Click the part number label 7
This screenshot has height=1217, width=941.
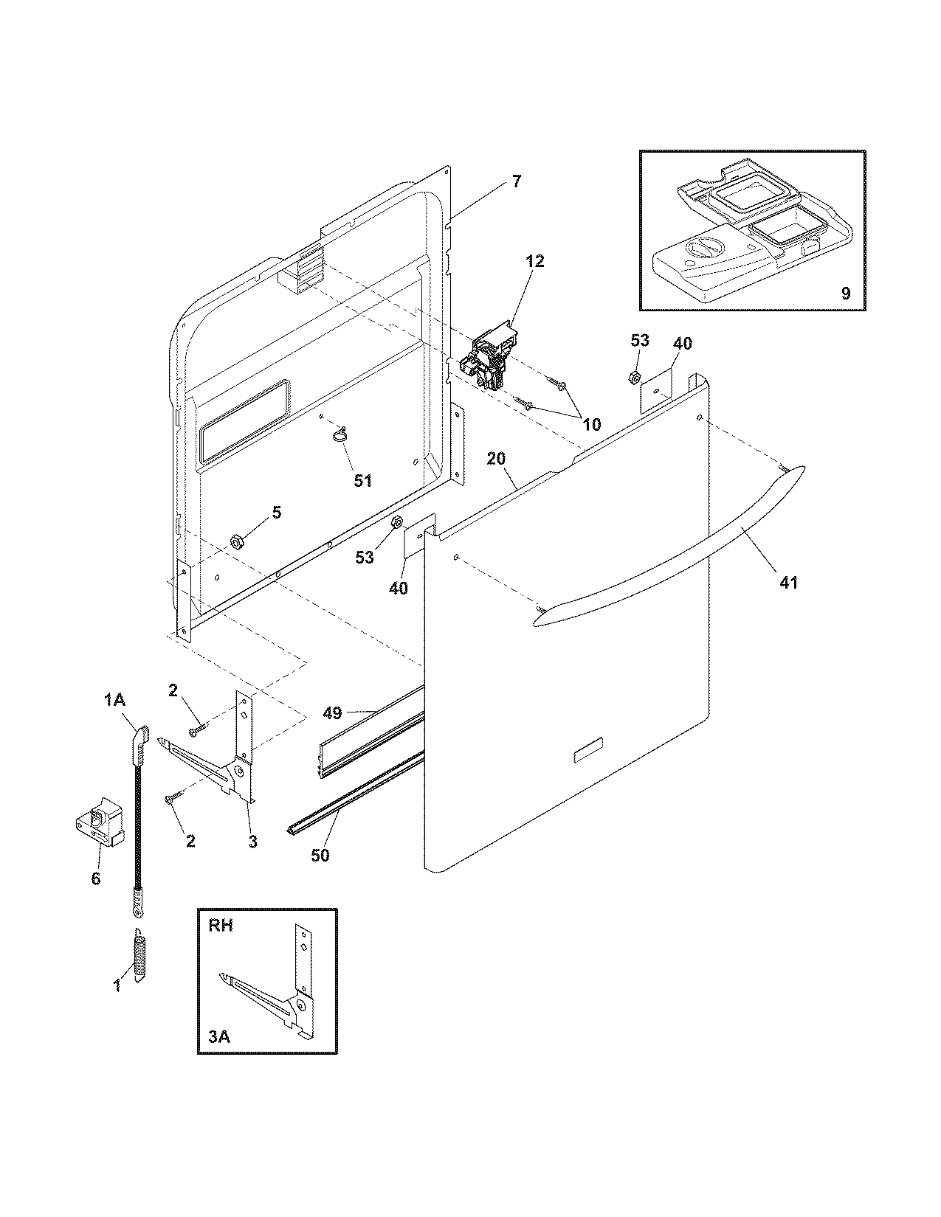pyautogui.click(x=516, y=181)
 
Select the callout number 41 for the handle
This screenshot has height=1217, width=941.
pyautogui.click(x=788, y=582)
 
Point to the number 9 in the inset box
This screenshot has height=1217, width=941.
pyautogui.click(x=845, y=293)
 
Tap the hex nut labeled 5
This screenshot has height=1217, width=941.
pyautogui.click(x=238, y=542)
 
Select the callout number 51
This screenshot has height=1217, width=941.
pyautogui.click(x=362, y=481)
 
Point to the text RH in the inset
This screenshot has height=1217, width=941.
pyautogui.click(x=220, y=926)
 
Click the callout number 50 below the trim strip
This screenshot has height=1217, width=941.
pyautogui.click(x=320, y=855)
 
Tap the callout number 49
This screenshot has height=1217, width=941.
pyautogui.click(x=332, y=712)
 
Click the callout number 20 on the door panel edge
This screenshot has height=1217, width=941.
pyautogui.click(x=496, y=458)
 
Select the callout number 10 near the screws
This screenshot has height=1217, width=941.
pyautogui.click(x=591, y=424)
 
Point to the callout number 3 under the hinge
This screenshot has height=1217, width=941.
pyautogui.click(x=252, y=841)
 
